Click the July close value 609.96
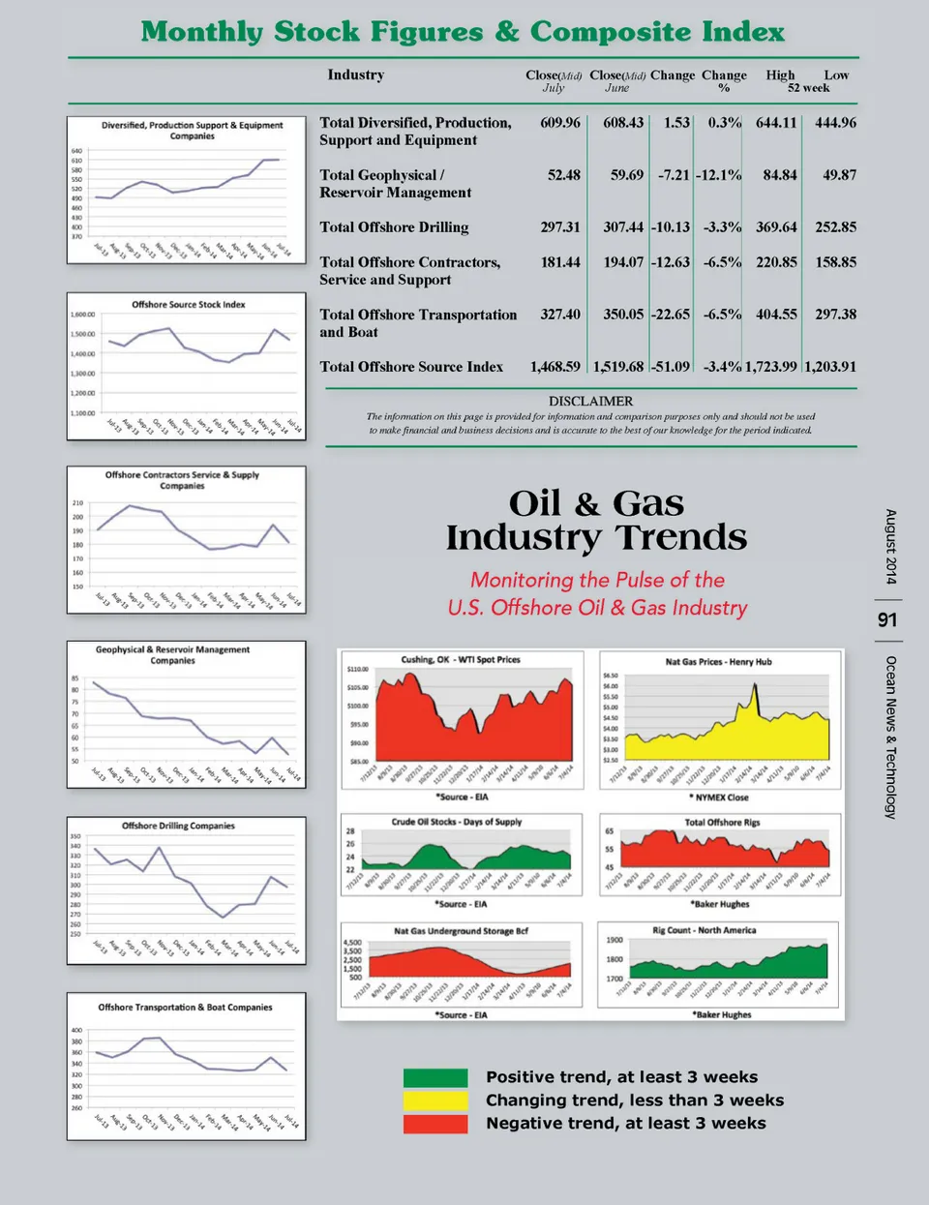(x=560, y=123)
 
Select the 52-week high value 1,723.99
(x=771, y=367)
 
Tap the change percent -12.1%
(x=719, y=175)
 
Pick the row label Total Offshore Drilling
(x=394, y=227)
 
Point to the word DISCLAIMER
(x=590, y=401)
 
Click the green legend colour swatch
(x=435, y=1077)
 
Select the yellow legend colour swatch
(x=435, y=1100)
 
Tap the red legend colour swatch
(x=435, y=1124)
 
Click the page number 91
(x=887, y=619)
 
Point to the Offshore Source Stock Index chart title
(x=189, y=305)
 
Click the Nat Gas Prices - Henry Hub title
(x=718, y=662)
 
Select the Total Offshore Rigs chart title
(x=722, y=823)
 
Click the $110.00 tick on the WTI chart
(x=357, y=670)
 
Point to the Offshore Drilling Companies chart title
(x=178, y=826)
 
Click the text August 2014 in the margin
(x=890, y=547)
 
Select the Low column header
(x=836, y=75)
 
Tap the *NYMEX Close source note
(x=718, y=798)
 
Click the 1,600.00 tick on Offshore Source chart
(x=83, y=315)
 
